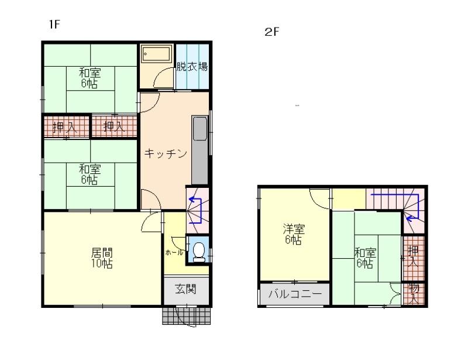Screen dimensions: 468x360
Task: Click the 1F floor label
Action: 55,24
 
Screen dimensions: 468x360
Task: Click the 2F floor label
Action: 271,32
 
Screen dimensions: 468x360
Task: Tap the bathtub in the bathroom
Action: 156,54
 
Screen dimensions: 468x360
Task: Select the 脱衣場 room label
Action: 192,66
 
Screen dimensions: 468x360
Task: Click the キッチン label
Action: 166,153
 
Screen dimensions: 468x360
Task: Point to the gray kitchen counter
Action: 199,150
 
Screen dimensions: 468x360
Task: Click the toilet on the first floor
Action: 199,252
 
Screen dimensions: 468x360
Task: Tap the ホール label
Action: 174,252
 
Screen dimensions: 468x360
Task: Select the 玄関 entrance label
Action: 185,289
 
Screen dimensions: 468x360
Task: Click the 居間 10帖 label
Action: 102,258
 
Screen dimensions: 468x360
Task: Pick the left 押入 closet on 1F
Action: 66,126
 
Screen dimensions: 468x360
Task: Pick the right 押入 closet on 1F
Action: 114,126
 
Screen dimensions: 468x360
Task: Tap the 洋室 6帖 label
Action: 294,235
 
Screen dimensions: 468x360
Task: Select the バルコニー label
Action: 295,294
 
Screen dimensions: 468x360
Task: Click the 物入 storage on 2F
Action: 414,294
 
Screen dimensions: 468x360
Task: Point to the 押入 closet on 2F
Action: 414,258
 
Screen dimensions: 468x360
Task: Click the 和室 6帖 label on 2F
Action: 365,258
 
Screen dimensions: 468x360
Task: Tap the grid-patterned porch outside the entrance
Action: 187,316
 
